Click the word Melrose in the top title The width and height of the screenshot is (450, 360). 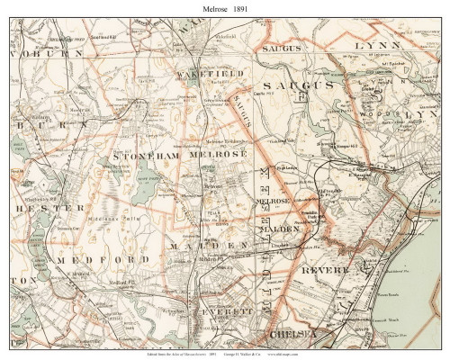pos(204,7)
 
